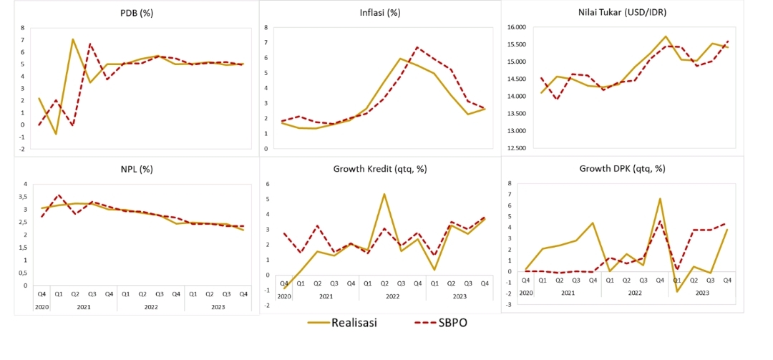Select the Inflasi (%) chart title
[x=380, y=13]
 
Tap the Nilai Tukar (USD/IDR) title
[x=621, y=13]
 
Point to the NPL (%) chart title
[x=137, y=170]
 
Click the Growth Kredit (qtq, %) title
[x=380, y=170]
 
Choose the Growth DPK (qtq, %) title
[x=622, y=170]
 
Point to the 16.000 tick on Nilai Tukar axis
[x=516, y=27]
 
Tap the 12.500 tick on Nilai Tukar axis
[x=516, y=148]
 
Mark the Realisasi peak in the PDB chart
[x=73, y=39]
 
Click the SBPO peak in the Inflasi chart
[x=417, y=48]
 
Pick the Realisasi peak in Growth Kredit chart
[x=384, y=194]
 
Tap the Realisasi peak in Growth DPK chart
[x=660, y=199]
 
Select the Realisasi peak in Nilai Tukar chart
[x=666, y=37]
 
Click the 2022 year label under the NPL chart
[x=150, y=306]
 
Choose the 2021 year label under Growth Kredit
[x=326, y=296]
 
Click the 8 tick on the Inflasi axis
[x=266, y=27]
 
